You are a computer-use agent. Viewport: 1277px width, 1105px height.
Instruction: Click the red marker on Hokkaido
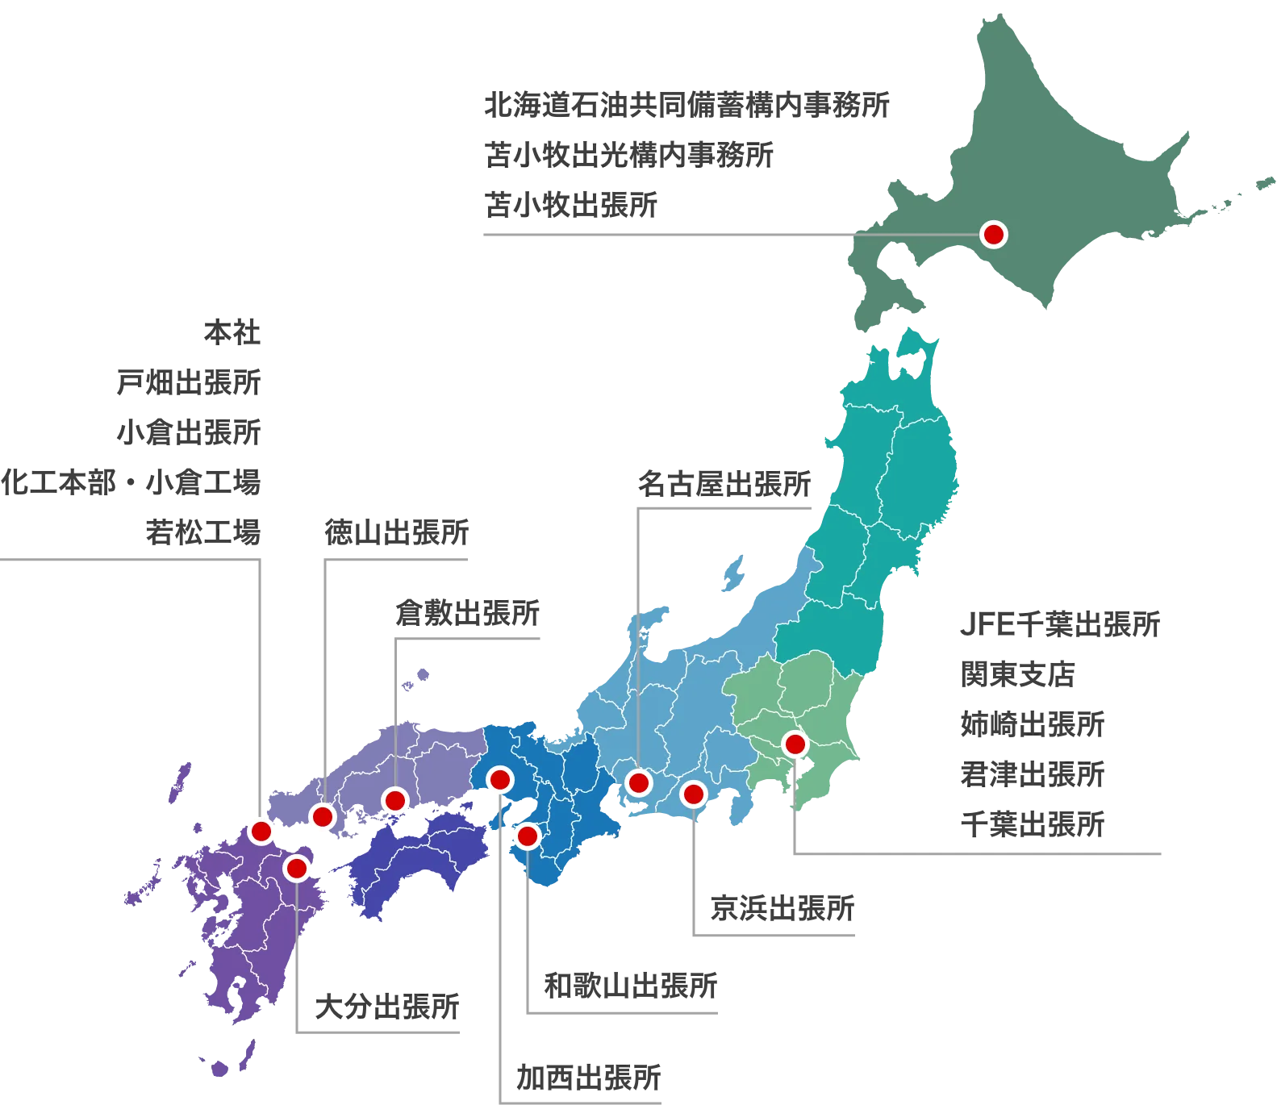(993, 235)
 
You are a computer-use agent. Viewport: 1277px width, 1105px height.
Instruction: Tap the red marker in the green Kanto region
(795, 744)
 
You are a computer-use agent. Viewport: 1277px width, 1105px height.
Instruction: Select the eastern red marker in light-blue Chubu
(693, 794)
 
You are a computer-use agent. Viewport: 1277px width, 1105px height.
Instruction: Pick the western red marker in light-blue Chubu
(638, 782)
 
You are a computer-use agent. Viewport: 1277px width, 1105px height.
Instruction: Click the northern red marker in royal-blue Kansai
(500, 780)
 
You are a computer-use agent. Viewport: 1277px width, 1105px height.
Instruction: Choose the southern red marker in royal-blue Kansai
(527, 836)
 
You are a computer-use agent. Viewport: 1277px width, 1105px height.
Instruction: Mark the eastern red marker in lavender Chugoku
(395, 800)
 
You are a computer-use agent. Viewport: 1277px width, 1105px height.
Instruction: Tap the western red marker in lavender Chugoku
(323, 816)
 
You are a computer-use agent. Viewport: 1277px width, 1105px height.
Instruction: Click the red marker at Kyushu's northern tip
(261, 831)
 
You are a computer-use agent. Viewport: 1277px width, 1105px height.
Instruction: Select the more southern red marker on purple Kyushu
(296, 869)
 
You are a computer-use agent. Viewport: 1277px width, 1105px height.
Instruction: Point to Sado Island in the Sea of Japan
(733, 573)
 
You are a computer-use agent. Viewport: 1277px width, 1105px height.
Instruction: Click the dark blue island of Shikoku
(411, 863)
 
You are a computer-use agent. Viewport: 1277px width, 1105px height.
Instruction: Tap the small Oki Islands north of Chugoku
(418, 678)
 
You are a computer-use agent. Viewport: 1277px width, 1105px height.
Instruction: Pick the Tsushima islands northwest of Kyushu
(180, 782)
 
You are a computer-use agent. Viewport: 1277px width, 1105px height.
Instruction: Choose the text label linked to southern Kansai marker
(629, 983)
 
